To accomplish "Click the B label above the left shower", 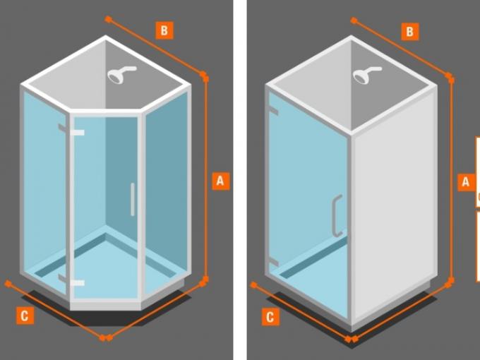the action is [x=164, y=30].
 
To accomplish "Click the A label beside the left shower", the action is [x=221, y=181].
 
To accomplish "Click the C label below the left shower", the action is [x=25, y=316].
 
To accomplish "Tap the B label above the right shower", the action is [x=410, y=32].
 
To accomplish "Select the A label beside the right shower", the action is [x=466, y=182].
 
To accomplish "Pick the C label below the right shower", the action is [x=270, y=317].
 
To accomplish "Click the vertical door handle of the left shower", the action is [x=133, y=200].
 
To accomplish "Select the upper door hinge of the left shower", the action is [x=71, y=131].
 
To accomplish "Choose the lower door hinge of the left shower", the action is [x=71, y=281].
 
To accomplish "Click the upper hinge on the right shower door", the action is [x=273, y=111].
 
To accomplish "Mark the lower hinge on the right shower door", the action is [x=273, y=262].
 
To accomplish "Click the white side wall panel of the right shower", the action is [x=394, y=205].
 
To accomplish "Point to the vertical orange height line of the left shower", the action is [x=206, y=179].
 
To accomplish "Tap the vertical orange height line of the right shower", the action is [x=451, y=180].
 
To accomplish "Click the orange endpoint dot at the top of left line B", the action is [x=108, y=19].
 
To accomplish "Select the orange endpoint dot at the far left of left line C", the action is [x=8, y=284].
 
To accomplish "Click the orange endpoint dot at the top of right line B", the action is [x=354, y=20].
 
